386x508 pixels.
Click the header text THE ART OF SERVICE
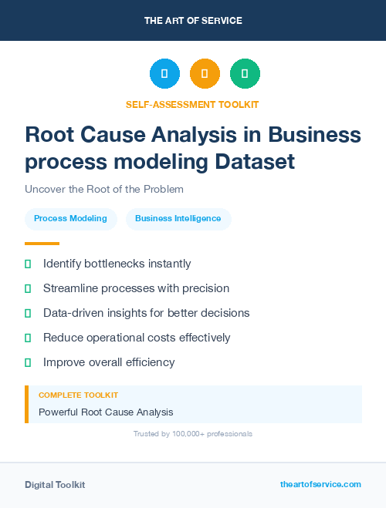tap(193, 21)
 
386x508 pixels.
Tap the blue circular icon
tap(164, 74)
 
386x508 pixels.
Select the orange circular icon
tap(205, 74)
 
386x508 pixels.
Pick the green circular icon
tap(245, 74)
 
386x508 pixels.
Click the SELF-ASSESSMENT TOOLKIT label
tap(192, 104)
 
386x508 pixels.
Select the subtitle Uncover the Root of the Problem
tap(104, 189)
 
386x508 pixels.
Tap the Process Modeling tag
tap(71, 219)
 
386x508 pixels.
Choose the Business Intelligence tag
tap(178, 219)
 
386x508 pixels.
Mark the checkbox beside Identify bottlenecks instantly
tap(28, 264)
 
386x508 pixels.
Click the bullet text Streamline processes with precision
tap(136, 288)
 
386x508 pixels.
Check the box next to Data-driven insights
tap(28, 313)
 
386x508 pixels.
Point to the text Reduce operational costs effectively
tap(137, 338)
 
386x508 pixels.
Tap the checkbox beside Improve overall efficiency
tap(28, 362)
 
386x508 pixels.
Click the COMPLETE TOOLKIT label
tap(78, 395)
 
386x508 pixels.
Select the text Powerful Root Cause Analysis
tap(106, 412)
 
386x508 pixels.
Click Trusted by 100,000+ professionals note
tap(193, 434)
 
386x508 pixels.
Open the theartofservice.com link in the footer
tap(320, 484)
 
